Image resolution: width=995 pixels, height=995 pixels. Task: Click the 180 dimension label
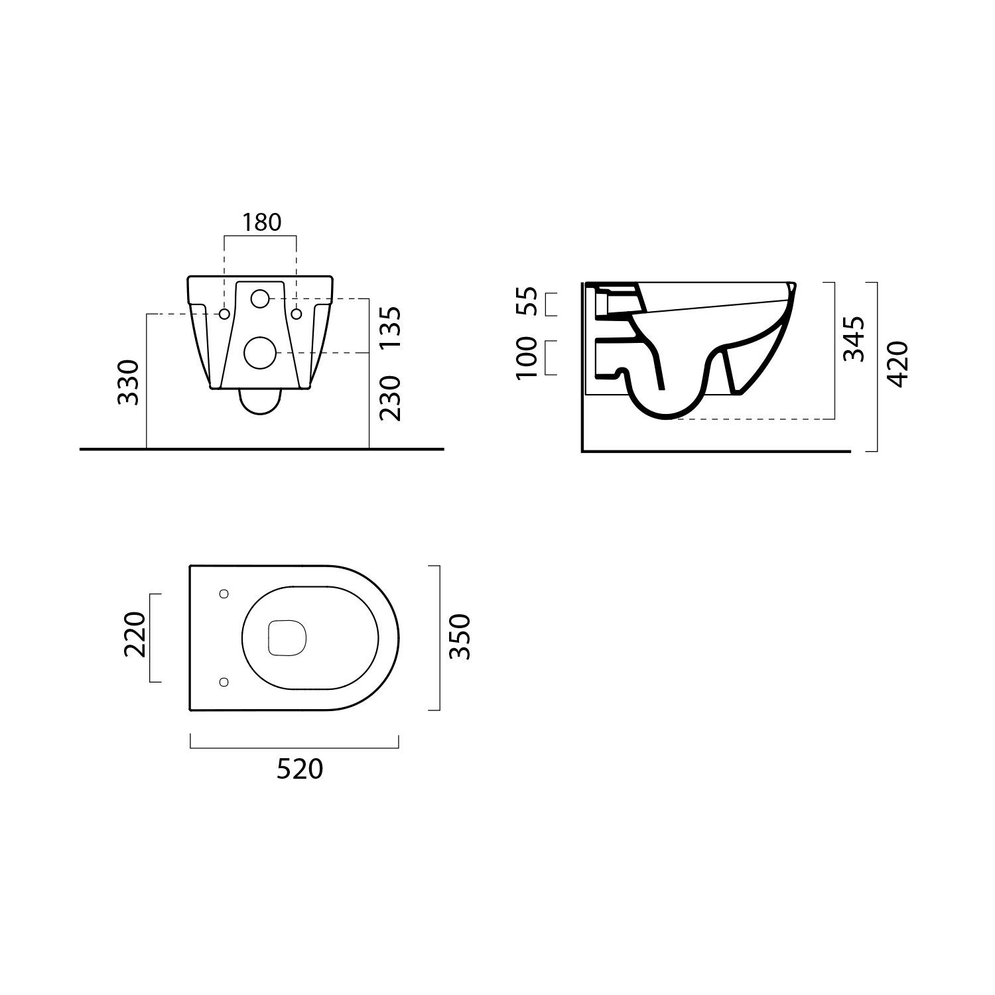click(261, 222)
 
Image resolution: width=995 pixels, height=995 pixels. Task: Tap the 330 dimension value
click(128, 382)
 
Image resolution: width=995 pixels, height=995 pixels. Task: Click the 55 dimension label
click(526, 302)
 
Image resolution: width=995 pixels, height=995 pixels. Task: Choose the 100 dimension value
click(526, 358)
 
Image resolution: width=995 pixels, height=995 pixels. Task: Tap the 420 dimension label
click(897, 364)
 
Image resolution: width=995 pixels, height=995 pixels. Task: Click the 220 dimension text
click(135, 634)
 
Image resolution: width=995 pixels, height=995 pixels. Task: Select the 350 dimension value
click(460, 637)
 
